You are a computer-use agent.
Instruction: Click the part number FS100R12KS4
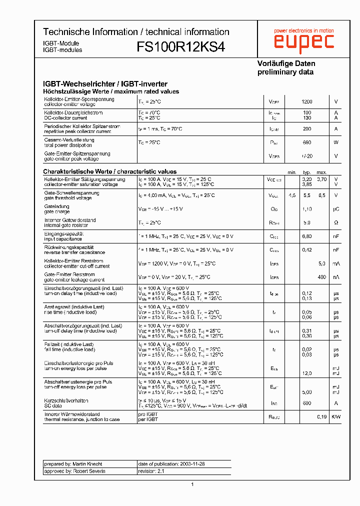click(180, 47)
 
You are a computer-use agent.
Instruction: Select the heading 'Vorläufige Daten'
click(286, 63)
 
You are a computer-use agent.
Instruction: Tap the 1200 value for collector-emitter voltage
click(306, 101)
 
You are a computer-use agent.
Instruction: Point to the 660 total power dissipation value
click(306, 142)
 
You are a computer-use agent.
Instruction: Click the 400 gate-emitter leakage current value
click(321, 277)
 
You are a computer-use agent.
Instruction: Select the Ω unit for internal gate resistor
click(336, 222)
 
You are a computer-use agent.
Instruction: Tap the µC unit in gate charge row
click(336, 209)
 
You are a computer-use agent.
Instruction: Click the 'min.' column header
click(292, 172)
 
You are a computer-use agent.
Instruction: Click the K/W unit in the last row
click(336, 416)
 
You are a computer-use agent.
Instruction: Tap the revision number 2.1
click(160, 471)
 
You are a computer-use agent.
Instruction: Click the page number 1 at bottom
click(192, 484)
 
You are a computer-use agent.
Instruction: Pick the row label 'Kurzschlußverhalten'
click(66, 400)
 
